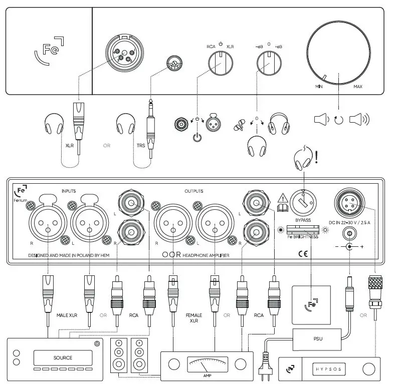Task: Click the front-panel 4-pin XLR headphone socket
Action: pyautogui.click(x=122, y=53)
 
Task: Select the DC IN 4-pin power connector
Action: pyautogui.click(x=349, y=202)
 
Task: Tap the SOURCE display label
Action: pyautogui.click(x=63, y=357)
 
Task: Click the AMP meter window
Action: pyautogui.click(x=207, y=364)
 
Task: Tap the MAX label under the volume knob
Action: pyautogui.click(x=358, y=87)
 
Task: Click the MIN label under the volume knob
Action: pyautogui.click(x=318, y=87)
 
